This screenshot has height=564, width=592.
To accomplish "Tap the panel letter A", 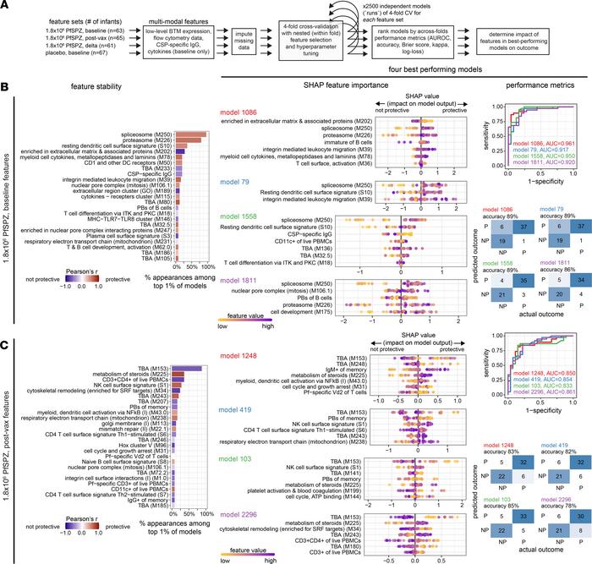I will [6, 6].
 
